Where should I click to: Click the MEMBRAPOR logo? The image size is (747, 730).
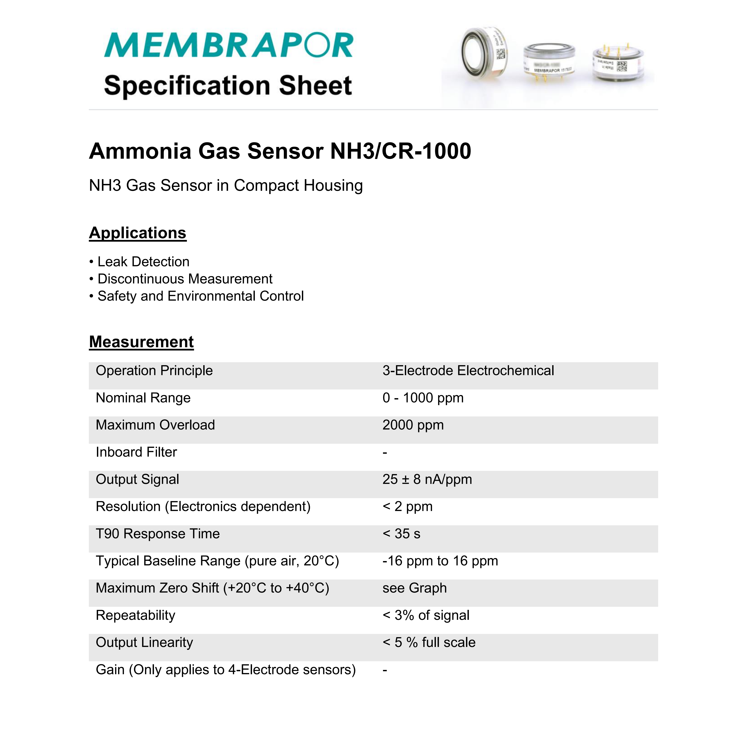228,45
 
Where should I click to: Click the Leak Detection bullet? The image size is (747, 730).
143,261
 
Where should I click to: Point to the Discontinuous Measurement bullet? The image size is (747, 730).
185,279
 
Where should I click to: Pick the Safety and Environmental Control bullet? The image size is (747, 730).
200,296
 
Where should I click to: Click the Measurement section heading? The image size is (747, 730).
141,342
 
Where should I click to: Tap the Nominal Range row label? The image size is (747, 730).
143,398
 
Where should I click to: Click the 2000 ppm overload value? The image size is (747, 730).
413,425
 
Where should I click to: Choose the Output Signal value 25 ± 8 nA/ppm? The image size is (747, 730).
427,479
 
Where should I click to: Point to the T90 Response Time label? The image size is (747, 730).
158,534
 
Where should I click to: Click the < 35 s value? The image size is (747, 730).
401,534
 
